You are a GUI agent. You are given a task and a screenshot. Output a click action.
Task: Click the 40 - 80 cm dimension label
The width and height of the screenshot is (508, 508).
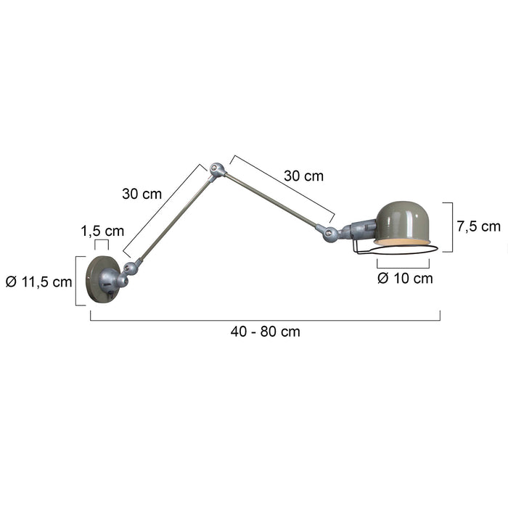(x=265, y=332)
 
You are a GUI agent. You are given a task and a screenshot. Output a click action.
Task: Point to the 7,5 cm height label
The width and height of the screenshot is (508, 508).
(x=478, y=226)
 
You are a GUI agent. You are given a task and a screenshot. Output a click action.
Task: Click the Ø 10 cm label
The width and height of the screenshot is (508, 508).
(x=405, y=278)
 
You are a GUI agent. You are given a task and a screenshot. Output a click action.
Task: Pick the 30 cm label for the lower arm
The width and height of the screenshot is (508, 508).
(x=142, y=194)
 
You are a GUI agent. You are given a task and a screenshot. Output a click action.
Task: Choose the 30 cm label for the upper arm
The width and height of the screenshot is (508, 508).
(x=303, y=175)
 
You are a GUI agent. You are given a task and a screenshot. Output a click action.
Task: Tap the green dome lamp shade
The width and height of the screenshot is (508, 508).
(x=401, y=222)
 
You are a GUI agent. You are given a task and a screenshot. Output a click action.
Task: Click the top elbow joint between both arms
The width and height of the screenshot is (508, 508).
(x=216, y=171)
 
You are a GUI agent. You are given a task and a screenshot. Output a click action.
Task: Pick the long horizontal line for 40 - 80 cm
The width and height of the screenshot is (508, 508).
(x=265, y=319)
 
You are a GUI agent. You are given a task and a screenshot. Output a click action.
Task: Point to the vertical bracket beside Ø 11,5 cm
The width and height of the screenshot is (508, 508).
(x=77, y=280)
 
